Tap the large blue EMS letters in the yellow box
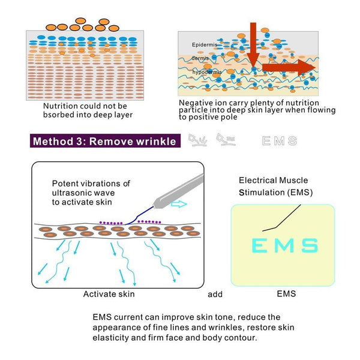(x=284, y=245)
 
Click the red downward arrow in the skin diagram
(x=253, y=42)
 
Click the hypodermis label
(x=207, y=72)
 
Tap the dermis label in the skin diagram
(x=200, y=58)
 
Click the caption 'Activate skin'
(x=109, y=295)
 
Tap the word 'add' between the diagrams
(x=215, y=295)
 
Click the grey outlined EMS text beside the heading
(x=280, y=142)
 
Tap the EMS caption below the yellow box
(x=286, y=295)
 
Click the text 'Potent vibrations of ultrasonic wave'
(x=91, y=188)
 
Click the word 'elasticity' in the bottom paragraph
(x=112, y=338)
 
